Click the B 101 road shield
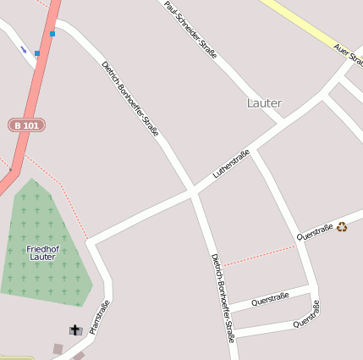click(26, 125)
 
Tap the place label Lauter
click(264, 103)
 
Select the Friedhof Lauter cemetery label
click(42, 252)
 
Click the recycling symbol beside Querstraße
click(342, 226)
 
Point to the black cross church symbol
click(75, 330)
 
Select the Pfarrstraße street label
click(100, 317)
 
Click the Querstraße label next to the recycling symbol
click(314, 230)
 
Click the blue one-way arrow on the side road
click(24, 50)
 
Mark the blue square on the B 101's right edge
click(52, 34)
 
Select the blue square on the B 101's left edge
click(37, 53)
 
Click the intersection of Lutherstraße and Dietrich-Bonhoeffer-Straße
click(194, 194)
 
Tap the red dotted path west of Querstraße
click(258, 253)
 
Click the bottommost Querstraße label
click(306, 319)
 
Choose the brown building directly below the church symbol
click(58, 348)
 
